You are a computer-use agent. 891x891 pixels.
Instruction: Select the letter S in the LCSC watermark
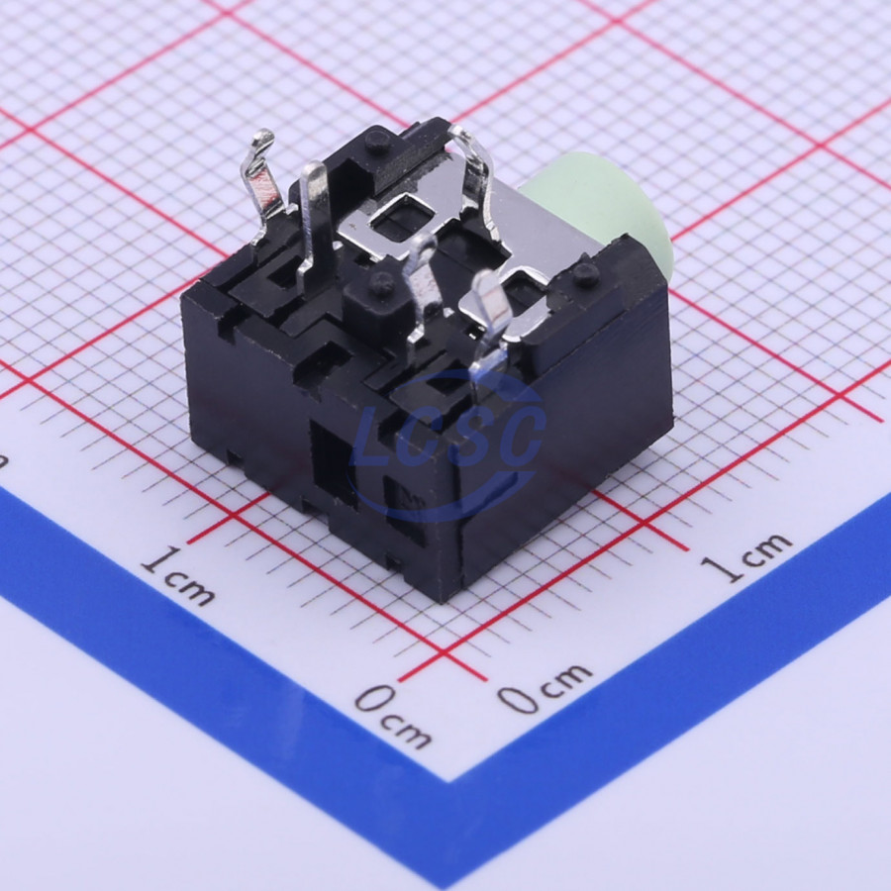(463, 435)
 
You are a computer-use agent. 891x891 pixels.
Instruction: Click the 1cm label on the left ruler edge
(178, 574)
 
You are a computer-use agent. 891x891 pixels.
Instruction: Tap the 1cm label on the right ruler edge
(745, 557)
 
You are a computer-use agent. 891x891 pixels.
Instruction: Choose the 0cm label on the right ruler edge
(544, 688)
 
